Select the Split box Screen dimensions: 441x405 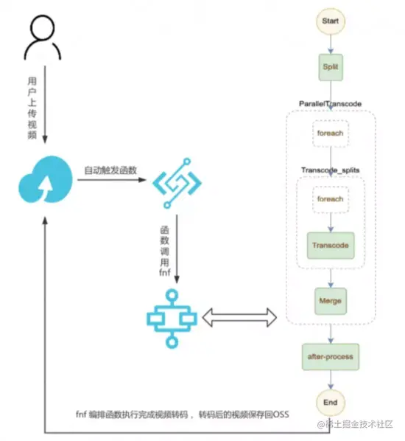(x=330, y=66)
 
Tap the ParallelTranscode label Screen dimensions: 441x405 (x=330, y=104)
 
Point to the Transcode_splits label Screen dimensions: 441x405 (x=330, y=170)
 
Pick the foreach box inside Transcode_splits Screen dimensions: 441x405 (x=330, y=199)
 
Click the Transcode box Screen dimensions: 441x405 (x=330, y=245)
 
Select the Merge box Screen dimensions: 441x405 (x=330, y=301)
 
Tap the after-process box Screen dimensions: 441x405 (x=330, y=356)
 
